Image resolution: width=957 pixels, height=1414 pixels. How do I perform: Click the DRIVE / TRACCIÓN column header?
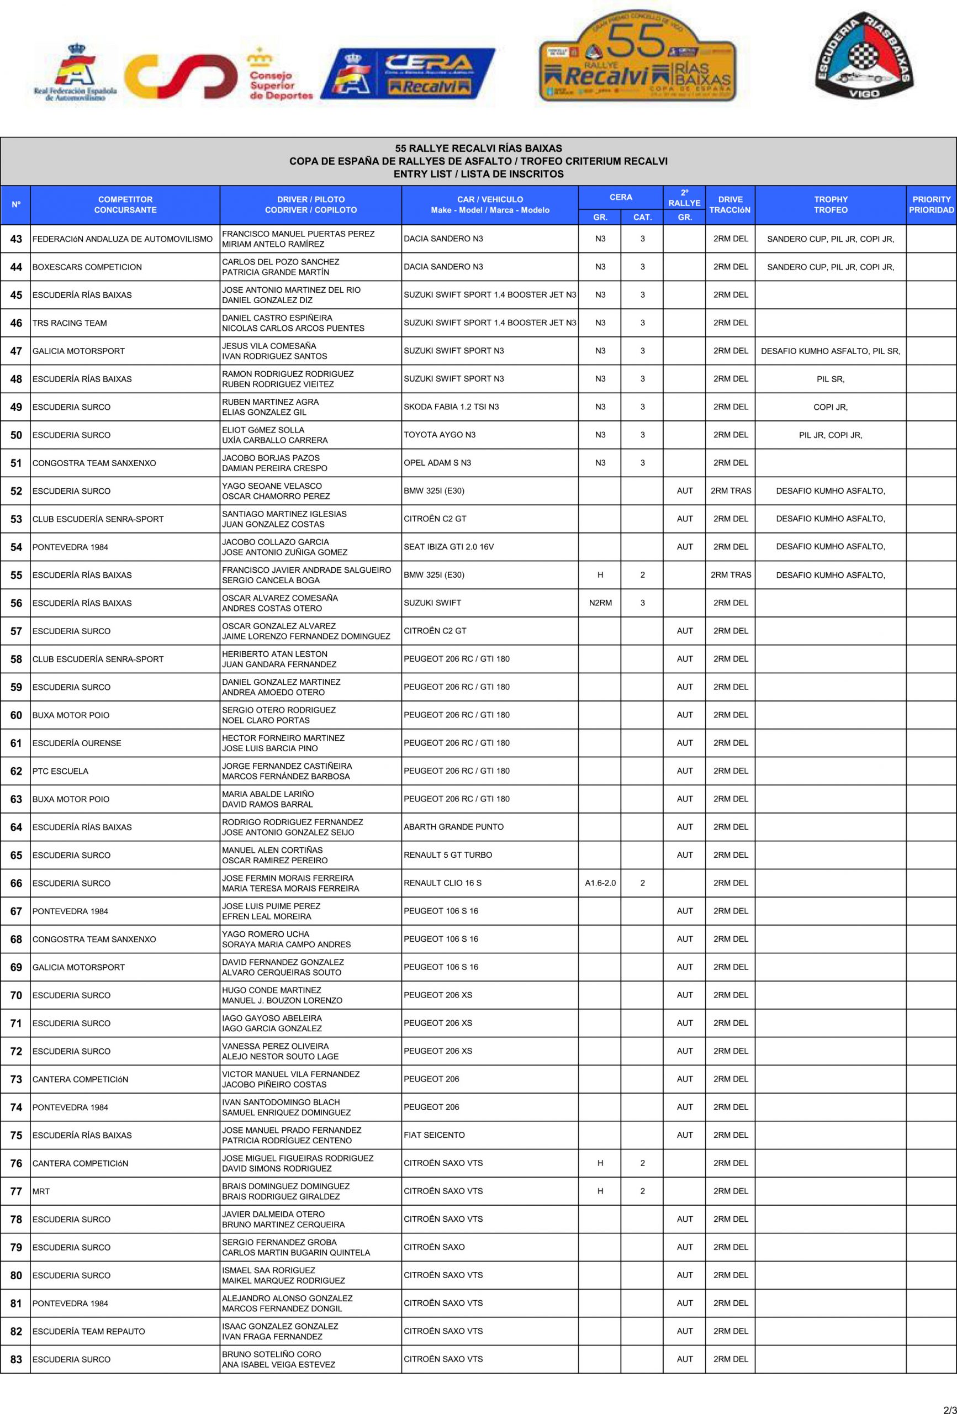730,204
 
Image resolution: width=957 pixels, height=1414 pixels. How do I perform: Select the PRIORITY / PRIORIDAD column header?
931,204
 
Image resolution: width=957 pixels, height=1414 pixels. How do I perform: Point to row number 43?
16,239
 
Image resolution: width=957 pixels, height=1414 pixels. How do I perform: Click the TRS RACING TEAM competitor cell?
70,323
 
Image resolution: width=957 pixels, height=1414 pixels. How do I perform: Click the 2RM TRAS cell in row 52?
730,491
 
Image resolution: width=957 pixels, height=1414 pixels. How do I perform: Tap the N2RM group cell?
600,603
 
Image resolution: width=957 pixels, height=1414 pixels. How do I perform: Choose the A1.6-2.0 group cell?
600,883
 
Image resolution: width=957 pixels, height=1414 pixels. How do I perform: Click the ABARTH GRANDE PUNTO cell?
453,827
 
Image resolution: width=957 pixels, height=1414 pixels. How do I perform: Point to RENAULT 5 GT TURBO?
448,855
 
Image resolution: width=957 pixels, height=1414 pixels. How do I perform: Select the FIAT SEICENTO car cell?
434,1135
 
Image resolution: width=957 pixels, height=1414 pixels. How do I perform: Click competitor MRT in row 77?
41,1191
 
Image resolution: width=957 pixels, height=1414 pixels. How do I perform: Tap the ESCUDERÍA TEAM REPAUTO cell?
89,1331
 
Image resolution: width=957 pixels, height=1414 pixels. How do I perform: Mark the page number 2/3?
949,1406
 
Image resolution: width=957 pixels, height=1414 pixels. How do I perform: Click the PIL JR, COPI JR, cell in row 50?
830,435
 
